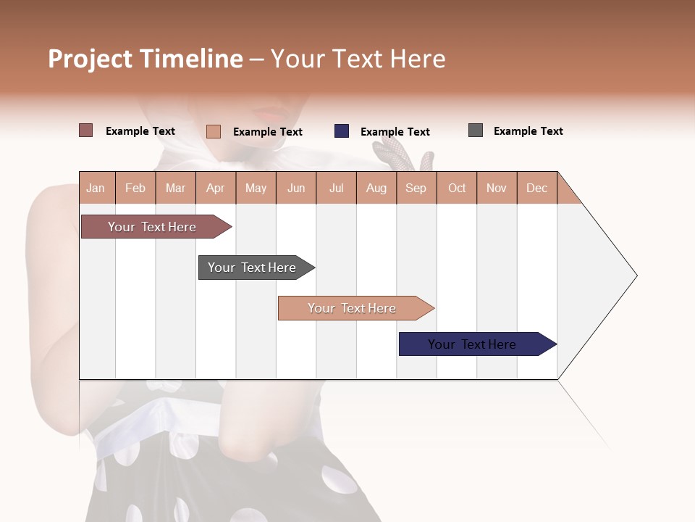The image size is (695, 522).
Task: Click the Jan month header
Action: [x=96, y=188]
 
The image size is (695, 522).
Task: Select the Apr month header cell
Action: [x=215, y=188]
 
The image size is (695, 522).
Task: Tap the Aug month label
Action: [x=376, y=188]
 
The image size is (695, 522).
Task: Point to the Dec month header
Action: [x=536, y=188]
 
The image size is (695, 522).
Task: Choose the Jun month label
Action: [x=295, y=188]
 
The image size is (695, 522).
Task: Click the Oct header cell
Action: [x=456, y=188]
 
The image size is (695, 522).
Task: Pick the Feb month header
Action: [x=135, y=188]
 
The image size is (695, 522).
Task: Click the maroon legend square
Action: [x=85, y=130]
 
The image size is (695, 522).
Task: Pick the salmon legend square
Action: [x=213, y=131]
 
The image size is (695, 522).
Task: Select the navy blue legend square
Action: [x=341, y=131]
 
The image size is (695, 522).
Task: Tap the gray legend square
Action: [x=475, y=130]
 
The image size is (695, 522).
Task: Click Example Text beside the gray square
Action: [x=528, y=131]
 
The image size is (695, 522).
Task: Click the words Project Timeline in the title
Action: [x=145, y=59]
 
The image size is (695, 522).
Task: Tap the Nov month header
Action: [x=496, y=188]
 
